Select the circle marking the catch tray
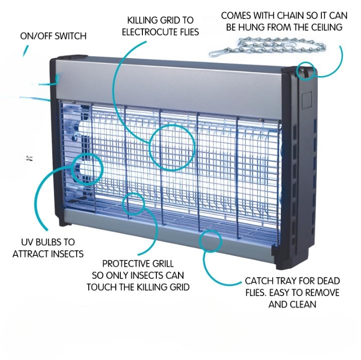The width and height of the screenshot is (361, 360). pyautogui.click(x=213, y=240)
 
